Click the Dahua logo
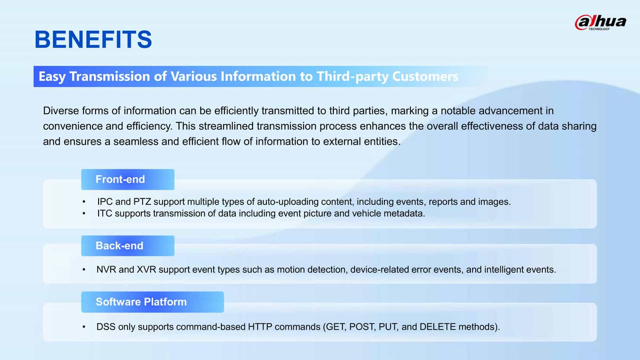tap(600, 22)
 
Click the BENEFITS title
tap(93, 40)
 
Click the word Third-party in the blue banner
tap(352, 76)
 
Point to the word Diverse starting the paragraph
tap(61, 111)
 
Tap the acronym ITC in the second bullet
tap(105, 213)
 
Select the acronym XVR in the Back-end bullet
tap(146, 270)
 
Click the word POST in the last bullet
tap(362, 327)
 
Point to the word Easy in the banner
tap(52, 77)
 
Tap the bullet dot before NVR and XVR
tap(84, 270)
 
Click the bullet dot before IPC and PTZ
tap(84, 202)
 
